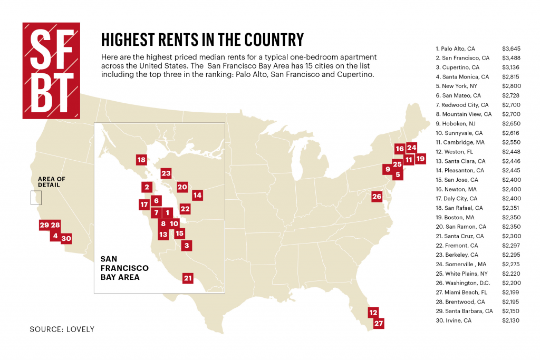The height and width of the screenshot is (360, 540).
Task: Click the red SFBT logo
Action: click(x=51, y=70)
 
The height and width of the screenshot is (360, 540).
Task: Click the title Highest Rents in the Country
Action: click(x=202, y=40)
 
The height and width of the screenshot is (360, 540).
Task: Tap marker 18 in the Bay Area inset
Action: click(x=141, y=160)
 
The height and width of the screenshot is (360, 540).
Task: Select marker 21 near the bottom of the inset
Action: click(x=188, y=278)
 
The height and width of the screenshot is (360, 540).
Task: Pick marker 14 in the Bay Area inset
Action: click(x=197, y=195)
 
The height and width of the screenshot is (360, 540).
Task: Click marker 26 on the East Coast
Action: click(x=377, y=197)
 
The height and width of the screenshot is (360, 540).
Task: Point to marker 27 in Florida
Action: click(x=378, y=324)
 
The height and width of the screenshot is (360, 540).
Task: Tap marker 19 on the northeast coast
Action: click(x=420, y=158)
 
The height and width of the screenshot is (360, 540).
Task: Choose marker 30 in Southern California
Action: click(x=66, y=238)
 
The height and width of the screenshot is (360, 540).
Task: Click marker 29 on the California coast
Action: click(x=44, y=225)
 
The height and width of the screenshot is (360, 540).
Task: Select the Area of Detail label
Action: click(x=52, y=182)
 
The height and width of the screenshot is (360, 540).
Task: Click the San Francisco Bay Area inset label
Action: click(x=124, y=268)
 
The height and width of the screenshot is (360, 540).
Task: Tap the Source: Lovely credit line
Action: click(x=62, y=329)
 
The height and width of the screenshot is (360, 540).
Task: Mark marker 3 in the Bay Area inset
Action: click(x=186, y=245)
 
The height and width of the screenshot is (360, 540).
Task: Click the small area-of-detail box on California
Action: click(x=35, y=197)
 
